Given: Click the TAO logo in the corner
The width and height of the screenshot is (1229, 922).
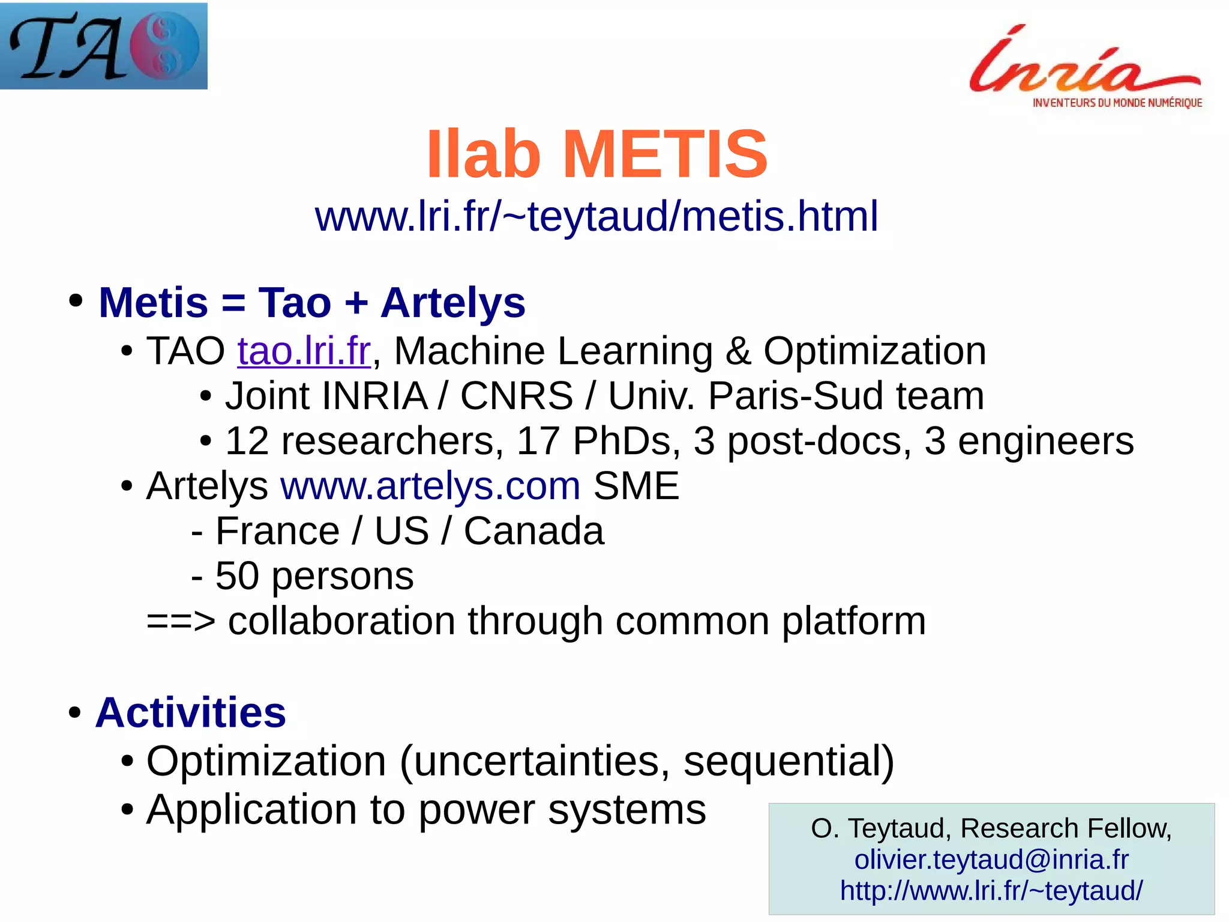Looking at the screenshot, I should point(103,46).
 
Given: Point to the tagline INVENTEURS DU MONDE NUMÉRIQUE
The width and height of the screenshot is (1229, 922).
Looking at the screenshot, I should point(1117,103).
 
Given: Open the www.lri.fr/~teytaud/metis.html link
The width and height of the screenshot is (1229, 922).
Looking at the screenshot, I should point(596,216).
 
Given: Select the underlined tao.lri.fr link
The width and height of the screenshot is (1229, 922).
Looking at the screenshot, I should point(304,351).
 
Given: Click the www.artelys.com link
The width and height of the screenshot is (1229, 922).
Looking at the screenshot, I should point(430,486).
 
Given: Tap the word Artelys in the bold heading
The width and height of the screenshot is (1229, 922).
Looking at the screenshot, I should point(453,303).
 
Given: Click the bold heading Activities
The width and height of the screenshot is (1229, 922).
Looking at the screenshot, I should point(191,713).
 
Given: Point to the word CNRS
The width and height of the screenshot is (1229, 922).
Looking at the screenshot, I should point(516,396).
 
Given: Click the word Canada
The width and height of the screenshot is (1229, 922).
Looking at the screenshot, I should point(533,532).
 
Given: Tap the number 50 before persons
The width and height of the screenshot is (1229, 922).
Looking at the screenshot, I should point(236,577).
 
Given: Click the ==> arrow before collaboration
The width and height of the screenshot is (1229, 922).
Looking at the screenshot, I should point(181,622).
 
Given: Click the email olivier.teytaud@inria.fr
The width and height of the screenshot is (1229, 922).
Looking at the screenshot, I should point(991,860).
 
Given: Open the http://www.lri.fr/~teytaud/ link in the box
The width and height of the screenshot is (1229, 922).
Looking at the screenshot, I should point(991,891).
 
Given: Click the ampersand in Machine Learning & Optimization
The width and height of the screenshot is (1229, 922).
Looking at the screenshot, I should point(738,351).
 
